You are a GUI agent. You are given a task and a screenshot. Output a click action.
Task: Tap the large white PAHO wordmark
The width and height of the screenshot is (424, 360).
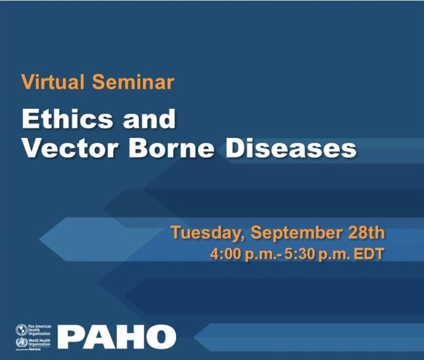(x=116, y=337)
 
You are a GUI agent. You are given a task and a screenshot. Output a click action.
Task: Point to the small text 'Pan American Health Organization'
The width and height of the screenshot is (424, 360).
(x=39, y=330)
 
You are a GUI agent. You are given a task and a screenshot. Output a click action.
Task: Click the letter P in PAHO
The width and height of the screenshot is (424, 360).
(x=70, y=337)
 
